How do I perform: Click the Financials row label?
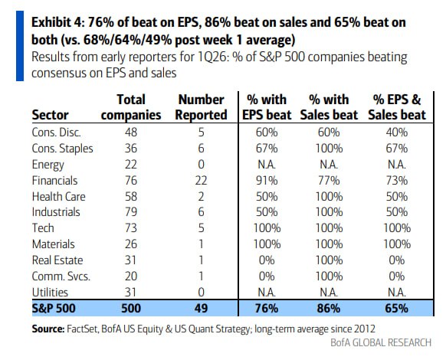coord(54,181)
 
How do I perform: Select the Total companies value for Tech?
coord(131,228)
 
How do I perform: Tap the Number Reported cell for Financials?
coord(201,181)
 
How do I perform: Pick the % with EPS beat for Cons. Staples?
coord(267,149)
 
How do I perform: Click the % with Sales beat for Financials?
coord(329,181)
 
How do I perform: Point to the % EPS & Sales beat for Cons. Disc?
coord(397,133)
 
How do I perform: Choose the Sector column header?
coord(50,115)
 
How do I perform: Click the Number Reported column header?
coord(201,107)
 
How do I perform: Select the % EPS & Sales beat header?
coord(397,107)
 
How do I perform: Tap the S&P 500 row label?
coord(54,308)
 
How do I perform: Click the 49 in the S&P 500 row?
coord(201,308)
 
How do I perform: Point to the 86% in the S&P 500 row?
coord(329,308)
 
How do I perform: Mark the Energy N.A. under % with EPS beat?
coord(267,165)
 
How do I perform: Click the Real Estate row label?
coord(57,260)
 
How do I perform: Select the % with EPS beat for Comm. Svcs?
coord(267,277)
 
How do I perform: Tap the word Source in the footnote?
coord(48,329)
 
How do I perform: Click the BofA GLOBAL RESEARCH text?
coord(381,342)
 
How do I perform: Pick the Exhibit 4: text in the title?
coord(57,22)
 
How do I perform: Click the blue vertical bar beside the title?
coord(20,46)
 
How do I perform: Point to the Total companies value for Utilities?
coord(131,293)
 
